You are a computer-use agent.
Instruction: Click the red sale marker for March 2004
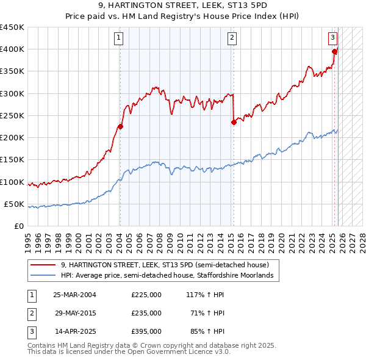point(120,127)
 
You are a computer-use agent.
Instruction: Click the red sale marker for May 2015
point(234,122)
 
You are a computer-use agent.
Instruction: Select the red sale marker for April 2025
point(335,52)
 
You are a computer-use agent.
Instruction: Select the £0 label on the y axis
point(18,226)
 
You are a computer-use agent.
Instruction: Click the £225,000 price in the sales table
point(146,295)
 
